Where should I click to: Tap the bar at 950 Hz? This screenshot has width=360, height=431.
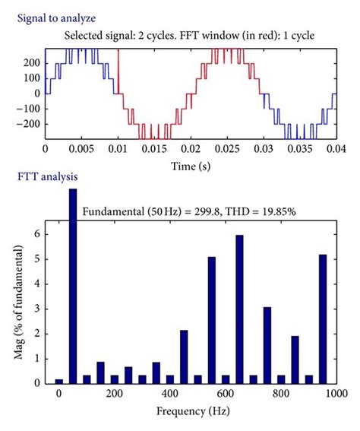[323, 318]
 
